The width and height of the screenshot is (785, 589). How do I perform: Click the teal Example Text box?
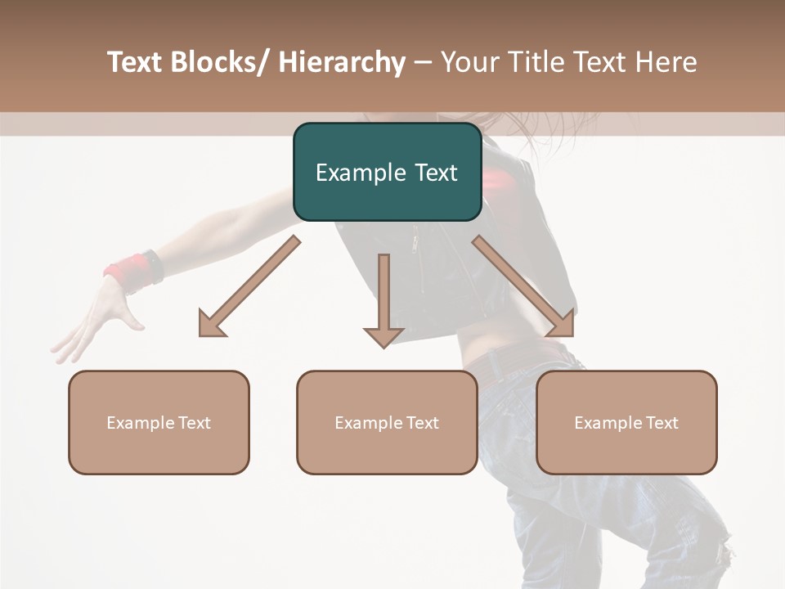click(x=387, y=172)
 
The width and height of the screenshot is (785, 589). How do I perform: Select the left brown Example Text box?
click(x=159, y=422)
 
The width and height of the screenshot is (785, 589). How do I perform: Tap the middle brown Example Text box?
click(x=387, y=422)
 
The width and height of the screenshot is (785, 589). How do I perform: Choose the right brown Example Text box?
click(x=626, y=422)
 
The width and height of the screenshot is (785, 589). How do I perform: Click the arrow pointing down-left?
click(x=249, y=286)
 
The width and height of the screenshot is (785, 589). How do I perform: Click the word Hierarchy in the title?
click(x=342, y=62)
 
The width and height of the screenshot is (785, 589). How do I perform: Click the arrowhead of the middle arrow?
click(x=384, y=336)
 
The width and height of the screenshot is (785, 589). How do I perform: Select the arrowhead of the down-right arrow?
click(x=562, y=325)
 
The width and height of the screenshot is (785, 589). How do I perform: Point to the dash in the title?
click(x=423, y=63)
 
